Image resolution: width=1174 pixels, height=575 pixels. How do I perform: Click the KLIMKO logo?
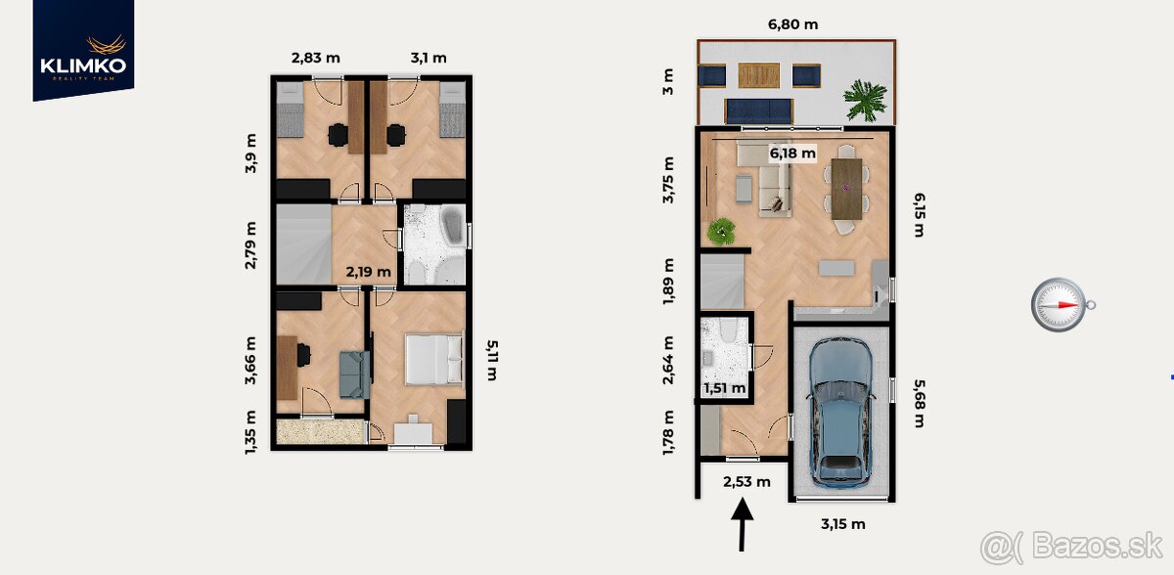[83, 51]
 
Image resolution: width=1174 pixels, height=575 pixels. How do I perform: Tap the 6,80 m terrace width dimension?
[792, 24]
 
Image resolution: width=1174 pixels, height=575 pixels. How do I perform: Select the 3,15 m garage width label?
[842, 524]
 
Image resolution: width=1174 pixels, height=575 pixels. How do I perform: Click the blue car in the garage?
[840, 412]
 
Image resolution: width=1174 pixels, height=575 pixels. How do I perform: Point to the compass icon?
[1062, 304]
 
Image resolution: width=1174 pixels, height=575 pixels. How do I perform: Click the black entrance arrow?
[743, 524]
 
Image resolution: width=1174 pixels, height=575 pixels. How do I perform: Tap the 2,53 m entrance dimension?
[746, 482]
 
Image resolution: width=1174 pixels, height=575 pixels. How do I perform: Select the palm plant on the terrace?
[865, 100]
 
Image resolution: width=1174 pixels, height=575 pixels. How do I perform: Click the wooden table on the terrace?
[759, 75]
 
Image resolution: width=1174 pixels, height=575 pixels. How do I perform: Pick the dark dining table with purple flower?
[846, 189]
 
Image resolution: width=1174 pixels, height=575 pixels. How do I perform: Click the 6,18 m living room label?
[791, 154]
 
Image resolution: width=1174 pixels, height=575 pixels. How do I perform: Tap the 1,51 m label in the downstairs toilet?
[724, 388]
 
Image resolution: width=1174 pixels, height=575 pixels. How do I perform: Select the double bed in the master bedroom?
[434, 360]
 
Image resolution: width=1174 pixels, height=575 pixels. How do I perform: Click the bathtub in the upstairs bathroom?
[452, 225]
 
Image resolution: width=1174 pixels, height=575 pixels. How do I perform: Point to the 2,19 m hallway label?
[368, 272]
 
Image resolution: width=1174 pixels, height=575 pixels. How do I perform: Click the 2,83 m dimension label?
[315, 58]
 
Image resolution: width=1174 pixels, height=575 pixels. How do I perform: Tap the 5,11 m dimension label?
[492, 360]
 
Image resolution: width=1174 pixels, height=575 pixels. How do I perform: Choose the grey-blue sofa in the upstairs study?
[354, 375]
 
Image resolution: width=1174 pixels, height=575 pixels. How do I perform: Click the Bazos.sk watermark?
[1072, 547]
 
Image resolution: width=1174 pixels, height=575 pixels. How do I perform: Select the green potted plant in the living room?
[721, 232]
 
